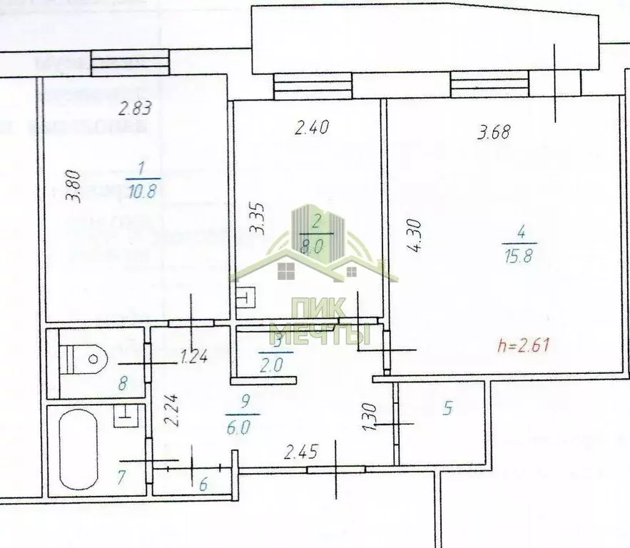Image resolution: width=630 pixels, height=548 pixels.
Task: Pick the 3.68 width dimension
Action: click(494, 132)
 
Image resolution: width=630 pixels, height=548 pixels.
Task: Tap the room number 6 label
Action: click(203, 485)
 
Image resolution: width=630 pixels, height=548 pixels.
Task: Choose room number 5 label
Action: click(449, 409)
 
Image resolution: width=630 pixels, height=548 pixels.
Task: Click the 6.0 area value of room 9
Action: click(242, 430)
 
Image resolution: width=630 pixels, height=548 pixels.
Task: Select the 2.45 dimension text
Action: click(300, 451)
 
